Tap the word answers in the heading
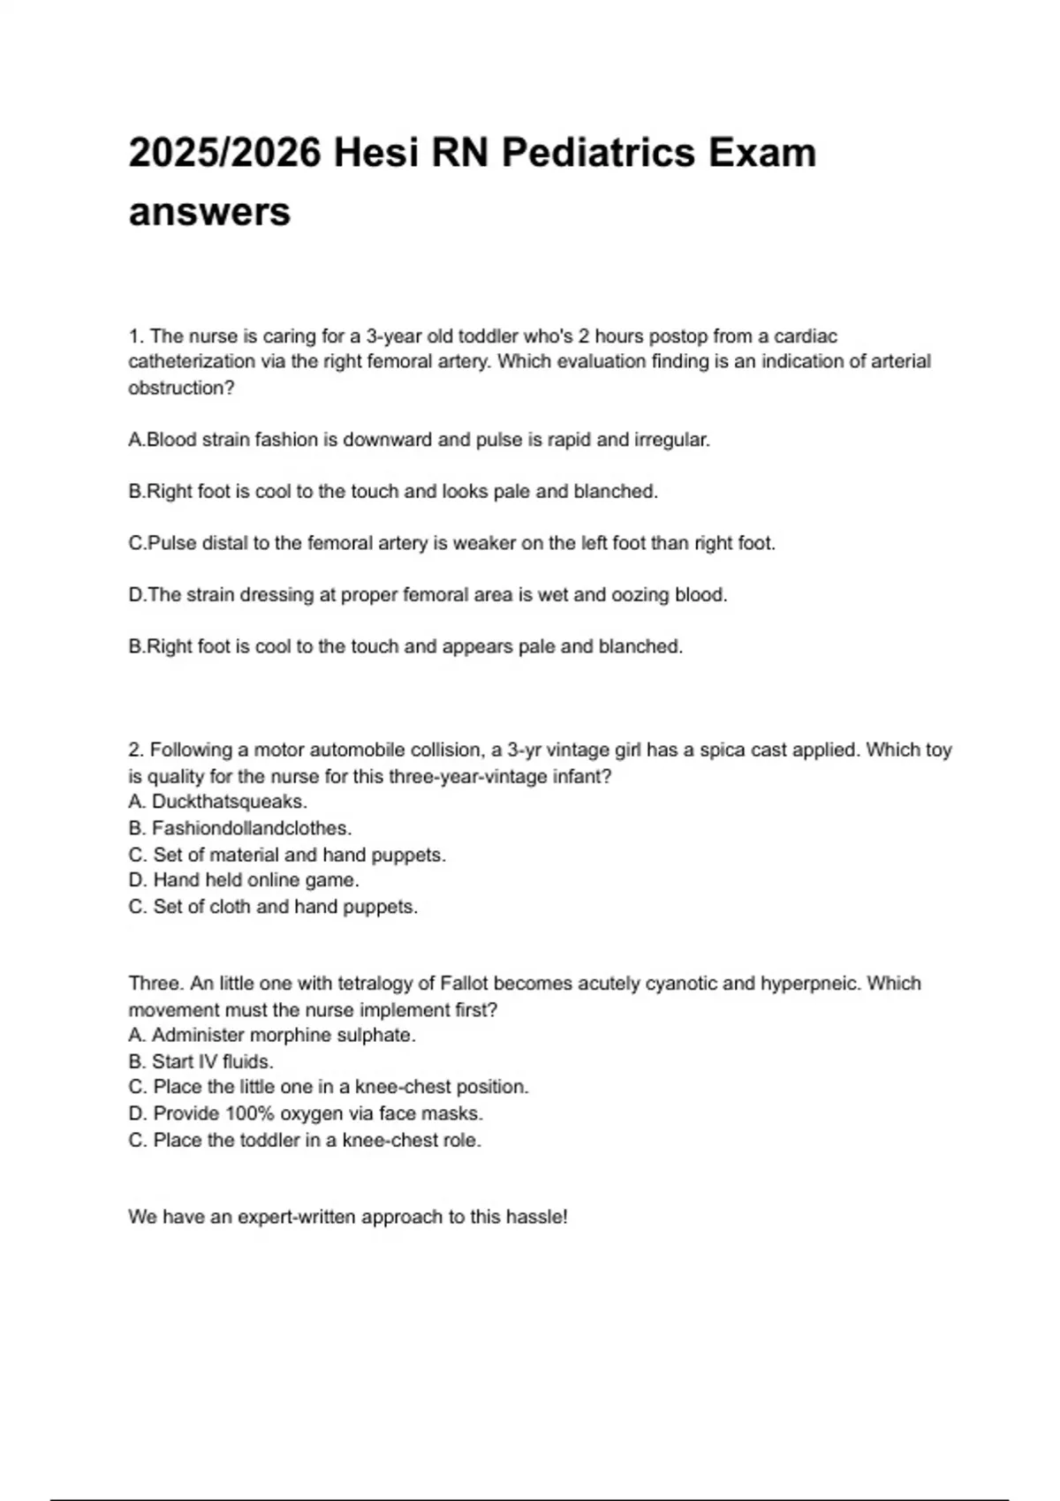[x=209, y=212]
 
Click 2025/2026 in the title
[x=224, y=153]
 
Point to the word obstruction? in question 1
[x=181, y=388]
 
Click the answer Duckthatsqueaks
[x=230, y=802]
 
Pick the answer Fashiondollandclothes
[x=252, y=828]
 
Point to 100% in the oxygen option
[x=250, y=1113]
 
